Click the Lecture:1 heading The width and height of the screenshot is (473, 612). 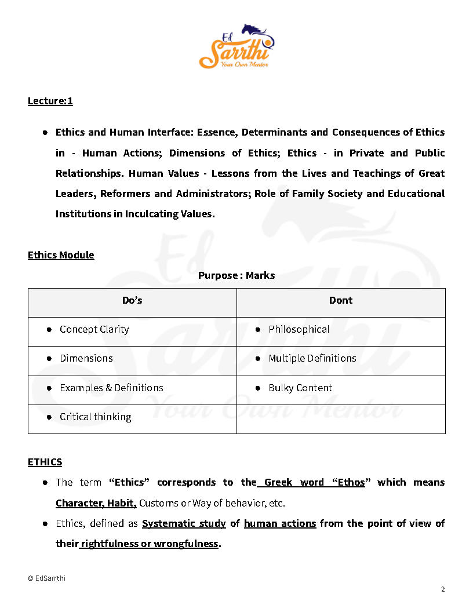pos(50,101)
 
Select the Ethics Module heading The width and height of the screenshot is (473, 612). pos(61,255)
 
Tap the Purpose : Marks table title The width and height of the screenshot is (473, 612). pos(237,275)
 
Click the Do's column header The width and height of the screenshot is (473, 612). pos(132,300)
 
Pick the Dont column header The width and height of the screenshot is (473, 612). pos(341,300)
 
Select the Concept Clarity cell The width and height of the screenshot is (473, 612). pos(94,329)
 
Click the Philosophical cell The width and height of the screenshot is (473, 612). pos(299,329)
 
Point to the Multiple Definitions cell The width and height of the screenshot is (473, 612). pos(312,358)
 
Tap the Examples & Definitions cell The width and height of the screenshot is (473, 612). pos(111,388)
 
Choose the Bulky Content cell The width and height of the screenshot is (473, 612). pos(300,388)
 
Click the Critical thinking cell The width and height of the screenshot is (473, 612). pos(95,417)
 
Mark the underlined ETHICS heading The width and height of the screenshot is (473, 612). pos(45,462)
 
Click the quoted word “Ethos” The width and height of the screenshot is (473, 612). pos(347,482)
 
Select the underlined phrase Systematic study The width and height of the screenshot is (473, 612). pos(184,523)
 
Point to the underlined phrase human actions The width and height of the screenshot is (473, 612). pos(280,523)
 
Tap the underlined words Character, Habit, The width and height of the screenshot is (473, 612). pos(96,503)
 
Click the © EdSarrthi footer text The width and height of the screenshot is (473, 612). pos(46,578)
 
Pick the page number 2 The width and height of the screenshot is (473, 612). pos(443,589)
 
